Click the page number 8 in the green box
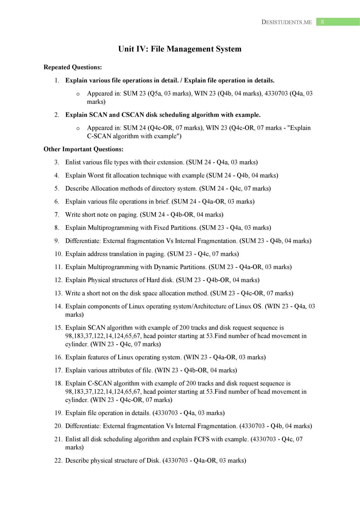(322, 22)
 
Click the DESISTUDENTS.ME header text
(287, 22)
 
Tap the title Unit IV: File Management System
(180, 49)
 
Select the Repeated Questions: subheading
(73, 67)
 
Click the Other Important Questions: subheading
(84, 149)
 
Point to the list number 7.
(57, 215)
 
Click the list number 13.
(58, 293)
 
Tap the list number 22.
(58, 460)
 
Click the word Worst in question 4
(96, 175)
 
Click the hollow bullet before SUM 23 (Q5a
(78, 94)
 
